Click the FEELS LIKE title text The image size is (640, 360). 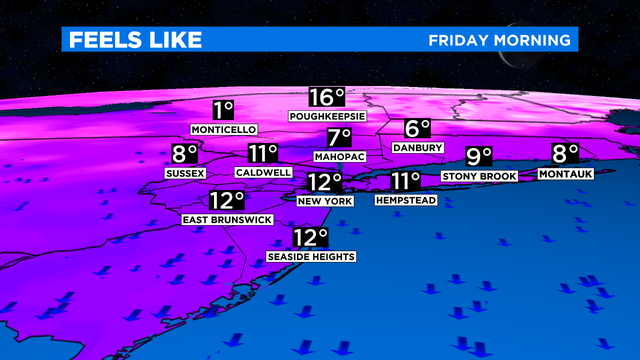coord(133,40)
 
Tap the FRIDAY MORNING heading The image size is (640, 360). coord(500,40)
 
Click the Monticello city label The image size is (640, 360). coord(222,130)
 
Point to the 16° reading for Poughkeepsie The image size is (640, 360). coord(326,98)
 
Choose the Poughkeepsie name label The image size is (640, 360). coord(327,117)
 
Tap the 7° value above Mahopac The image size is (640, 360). coord(340,139)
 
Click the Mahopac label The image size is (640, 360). coord(340,158)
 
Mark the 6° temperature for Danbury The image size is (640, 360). coord(417,129)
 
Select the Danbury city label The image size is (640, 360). coord(417,148)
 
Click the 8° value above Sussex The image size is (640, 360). coord(185,155)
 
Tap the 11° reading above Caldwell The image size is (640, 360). coord(263,154)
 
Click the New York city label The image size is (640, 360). coord(325,202)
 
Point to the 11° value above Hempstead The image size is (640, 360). coord(405,182)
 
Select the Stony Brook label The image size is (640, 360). coord(480,177)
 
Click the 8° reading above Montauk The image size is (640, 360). coord(566,155)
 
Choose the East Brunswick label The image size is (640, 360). coord(227,219)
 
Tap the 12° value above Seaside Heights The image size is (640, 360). coord(311,238)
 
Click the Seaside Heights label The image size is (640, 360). coord(311,257)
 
